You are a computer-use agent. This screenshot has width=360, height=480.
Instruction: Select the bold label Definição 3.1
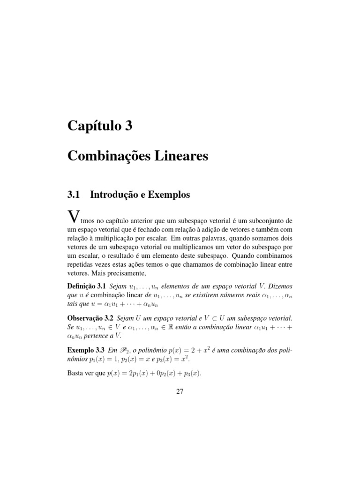(x=87, y=286)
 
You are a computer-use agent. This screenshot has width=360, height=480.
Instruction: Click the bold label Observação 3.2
(x=91, y=318)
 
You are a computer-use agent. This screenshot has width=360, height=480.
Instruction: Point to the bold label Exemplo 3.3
(x=86, y=351)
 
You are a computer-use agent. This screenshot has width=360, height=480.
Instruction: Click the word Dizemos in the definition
(x=277, y=286)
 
